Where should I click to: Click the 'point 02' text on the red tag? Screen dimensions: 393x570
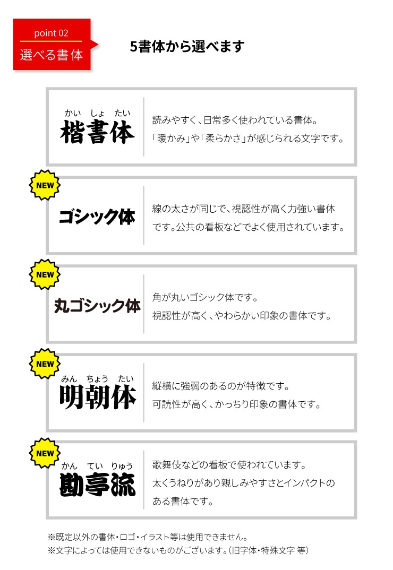pyautogui.click(x=51, y=33)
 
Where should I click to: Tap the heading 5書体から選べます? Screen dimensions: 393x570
pyautogui.click(x=187, y=47)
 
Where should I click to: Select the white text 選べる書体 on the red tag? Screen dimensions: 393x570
pyautogui.click(x=52, y=55)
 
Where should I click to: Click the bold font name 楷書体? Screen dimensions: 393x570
pyautogui.click(x=98, y=132)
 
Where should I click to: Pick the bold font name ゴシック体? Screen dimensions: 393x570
pyautogui.click(x=97, y=217)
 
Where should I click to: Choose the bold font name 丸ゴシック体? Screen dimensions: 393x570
pyautogui.click(x=98, y=306)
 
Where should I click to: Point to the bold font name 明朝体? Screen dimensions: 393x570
pyautogui.click(x=98, y=398)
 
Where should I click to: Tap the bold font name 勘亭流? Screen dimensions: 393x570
pyautogui.click(x=98, y=485)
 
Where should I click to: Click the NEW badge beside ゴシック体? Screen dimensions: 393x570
pyautogui.click(x=45, y=185)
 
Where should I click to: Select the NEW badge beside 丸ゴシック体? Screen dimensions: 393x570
pyautogui.click(x=45, y=274)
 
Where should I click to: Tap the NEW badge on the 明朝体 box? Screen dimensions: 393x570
pyautogui.click(x=45, y=364)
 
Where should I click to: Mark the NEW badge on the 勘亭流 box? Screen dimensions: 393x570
pyautogui.click(x=45, y=453)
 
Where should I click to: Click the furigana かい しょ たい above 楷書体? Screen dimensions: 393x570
pyautogui.click(x=98, y=113)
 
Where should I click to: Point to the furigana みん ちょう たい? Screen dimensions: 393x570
pyautogui.click(x=98, y=379)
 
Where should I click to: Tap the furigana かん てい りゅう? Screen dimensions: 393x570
pyautogui.click(x=97, y=465)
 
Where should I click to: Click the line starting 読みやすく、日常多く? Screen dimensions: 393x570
pyautogui.click(x=235, y=120)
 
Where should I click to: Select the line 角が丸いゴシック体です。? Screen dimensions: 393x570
pyautogui.click(x=205, y=297)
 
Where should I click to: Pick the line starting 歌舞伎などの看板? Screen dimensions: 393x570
pyautogui.click(x=229, y=464)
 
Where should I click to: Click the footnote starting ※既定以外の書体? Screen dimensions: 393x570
pyautogui.click(x=148, y=537)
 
